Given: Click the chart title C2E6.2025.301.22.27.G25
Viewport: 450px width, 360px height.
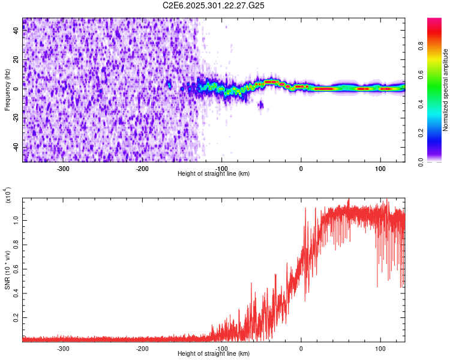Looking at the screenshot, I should (214, 5).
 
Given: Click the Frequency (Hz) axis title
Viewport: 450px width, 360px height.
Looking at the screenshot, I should (7, 90).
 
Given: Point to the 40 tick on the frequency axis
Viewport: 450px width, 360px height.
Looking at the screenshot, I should (16, 31).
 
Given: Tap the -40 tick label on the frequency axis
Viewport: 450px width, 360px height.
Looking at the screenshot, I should (16, 148).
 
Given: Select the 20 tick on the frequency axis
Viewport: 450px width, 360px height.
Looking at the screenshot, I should (16, 60).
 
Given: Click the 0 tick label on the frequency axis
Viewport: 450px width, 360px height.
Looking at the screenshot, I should (16, 89).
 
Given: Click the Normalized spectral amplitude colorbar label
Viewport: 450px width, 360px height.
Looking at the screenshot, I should (445, 90).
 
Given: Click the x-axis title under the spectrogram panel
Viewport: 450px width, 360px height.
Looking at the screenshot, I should (214, 173).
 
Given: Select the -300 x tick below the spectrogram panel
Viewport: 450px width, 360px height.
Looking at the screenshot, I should (63, 169).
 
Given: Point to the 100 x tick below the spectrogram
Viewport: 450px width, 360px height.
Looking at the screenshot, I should (380, 169).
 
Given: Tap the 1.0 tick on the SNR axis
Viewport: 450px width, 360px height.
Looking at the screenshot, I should (16, 220).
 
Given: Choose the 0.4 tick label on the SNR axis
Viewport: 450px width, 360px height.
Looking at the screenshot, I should (16, 293).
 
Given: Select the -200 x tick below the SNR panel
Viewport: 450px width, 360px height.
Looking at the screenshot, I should (142, 348).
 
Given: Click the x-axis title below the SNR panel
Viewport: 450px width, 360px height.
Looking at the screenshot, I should (214, 353).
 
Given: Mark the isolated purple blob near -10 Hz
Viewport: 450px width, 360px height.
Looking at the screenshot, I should (260, 105).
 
